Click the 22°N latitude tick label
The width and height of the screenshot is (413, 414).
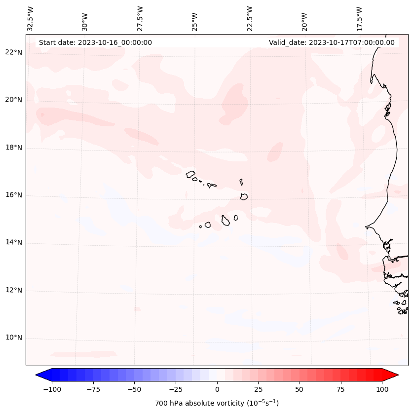click(x=14, y=53)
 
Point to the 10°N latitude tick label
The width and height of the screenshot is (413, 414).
click(x=14, y=338)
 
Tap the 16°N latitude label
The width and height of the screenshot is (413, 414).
click(x=14, y=195)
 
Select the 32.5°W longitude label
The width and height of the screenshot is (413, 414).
click(x=31, y=18)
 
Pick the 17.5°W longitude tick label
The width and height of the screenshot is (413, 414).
click(x=359, y=18)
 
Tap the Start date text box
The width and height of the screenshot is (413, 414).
click(x=95, y=42)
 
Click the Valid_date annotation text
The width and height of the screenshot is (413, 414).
click(x=332, y=42)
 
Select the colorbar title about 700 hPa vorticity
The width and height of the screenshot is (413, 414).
click(x=217, y=403)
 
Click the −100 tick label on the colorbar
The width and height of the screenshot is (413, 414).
click(x=52, y=389)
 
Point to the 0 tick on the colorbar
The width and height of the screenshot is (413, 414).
click(x=217, y=389)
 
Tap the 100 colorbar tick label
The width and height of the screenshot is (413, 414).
click(x=382, y=389)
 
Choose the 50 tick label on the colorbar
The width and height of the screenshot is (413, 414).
click(x=300, y=389)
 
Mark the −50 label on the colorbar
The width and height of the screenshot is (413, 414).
click(x=134, y=389)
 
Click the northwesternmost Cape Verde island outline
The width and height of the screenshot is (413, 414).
click(x=190, y=174)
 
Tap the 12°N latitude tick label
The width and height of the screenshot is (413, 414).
click(x=14, y=291)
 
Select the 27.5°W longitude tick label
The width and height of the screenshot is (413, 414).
click(x=140, y=18)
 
